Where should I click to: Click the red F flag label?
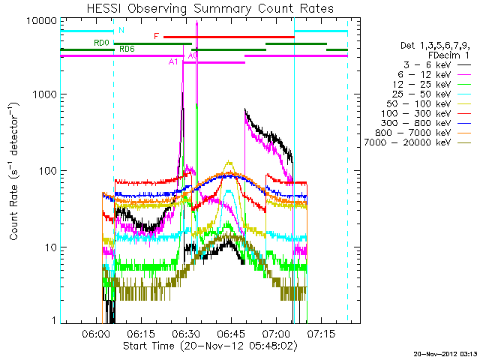pyautogui.click(x=156, y=36)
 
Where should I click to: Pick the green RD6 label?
pyautogui.click(x=127, y=49)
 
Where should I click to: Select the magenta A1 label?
pyautogui.click(x=173, y=62)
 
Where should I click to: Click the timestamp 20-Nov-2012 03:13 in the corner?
pyautogui.click(x=444, y=352)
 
